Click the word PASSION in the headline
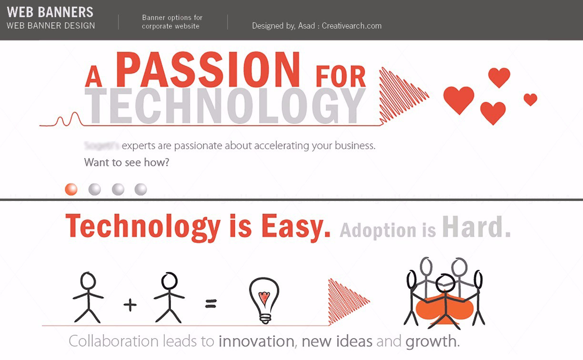(x=208, y=70)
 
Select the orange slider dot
(x=71, y=189)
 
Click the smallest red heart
(x=530, y=99)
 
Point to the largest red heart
(x=459, y=100)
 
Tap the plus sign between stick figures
(x=130, y=304)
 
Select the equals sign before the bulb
(x=211, y=303)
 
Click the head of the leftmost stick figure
(x=88, y=280)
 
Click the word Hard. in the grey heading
(x=476, y=228)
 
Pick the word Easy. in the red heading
(x=296, y=227)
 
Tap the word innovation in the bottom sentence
(x=256, y=341)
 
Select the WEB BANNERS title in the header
(x=50, y=12)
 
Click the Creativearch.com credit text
(x=352, y=26)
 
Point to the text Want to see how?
(x=127, y=162)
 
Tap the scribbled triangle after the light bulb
(x=347, y=300)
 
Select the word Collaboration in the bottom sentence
(x=113, y=341)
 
